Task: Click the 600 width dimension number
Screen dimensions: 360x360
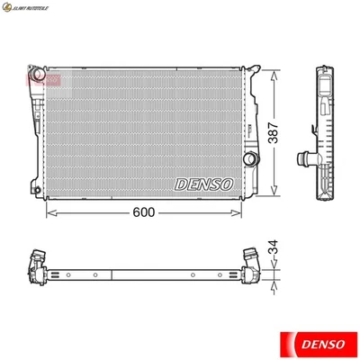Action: (x=144, y=212)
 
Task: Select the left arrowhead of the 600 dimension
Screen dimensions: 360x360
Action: (x=48, y=213)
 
